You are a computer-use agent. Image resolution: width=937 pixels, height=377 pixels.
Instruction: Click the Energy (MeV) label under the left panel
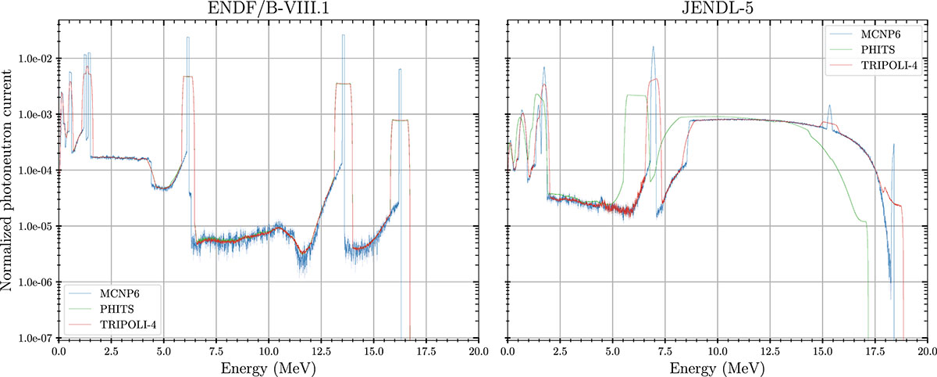click(269, 367)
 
